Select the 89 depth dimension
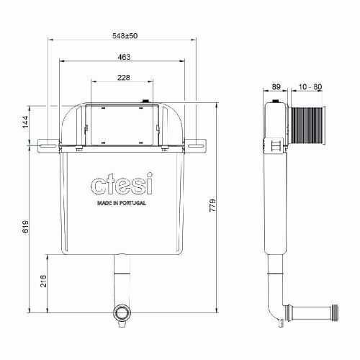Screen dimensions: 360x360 276,86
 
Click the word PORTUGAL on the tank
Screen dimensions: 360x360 132,204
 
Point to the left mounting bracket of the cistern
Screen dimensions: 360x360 45,145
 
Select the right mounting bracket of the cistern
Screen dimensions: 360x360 197,145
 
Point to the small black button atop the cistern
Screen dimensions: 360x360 147,101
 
